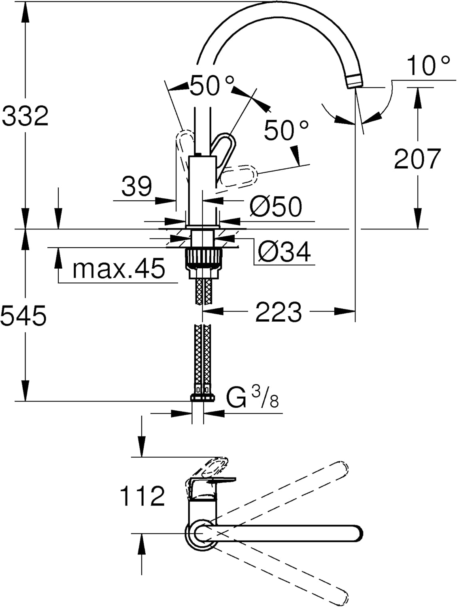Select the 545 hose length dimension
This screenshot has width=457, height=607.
(x=23, y=315)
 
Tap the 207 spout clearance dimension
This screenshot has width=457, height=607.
(x=417, y=159)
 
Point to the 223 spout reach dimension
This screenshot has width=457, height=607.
(x=278, y=312)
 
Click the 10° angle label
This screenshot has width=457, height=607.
(x=428, y=66)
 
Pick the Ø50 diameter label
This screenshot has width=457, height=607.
(x=276, y=206)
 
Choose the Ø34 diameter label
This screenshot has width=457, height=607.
(x=284, y=252)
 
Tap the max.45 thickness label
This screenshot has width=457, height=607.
(x=119, y=268)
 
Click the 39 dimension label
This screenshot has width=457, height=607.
(x=137, y=187)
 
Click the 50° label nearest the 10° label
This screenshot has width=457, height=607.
(x=286, y=131)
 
